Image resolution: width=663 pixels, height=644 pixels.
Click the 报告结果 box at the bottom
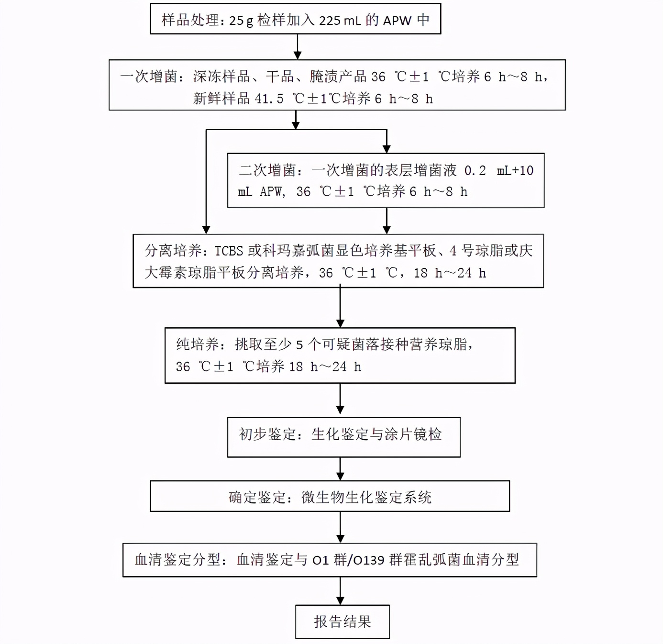pyautogui.click(x=342, y=622)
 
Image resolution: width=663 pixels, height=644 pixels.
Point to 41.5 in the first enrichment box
pyautogui.click(x=269, y=99)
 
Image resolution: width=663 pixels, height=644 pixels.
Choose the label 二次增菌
pyautogui.click(x=267, y=170)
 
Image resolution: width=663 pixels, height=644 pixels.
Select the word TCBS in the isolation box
pyautogui.click(x=229, y=251)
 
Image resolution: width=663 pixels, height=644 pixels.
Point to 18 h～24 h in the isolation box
pyautogui.click(x=450, y=273)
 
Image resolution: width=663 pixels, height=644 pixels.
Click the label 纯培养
pyautogui.click(x=198, y=344)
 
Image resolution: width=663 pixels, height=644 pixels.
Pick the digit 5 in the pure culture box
pyautogui.click(x=299, y=344)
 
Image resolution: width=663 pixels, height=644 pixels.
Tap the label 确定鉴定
pyautogui.click(x=257, y=498)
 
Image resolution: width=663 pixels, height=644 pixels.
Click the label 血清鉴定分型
pyautogui.click(x=177, y=560)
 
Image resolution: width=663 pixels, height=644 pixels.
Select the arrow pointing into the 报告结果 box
pyautogui.click(x=340, y=591)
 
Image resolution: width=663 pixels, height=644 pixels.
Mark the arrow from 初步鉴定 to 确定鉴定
pyautogui.click(x=340, y=469)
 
